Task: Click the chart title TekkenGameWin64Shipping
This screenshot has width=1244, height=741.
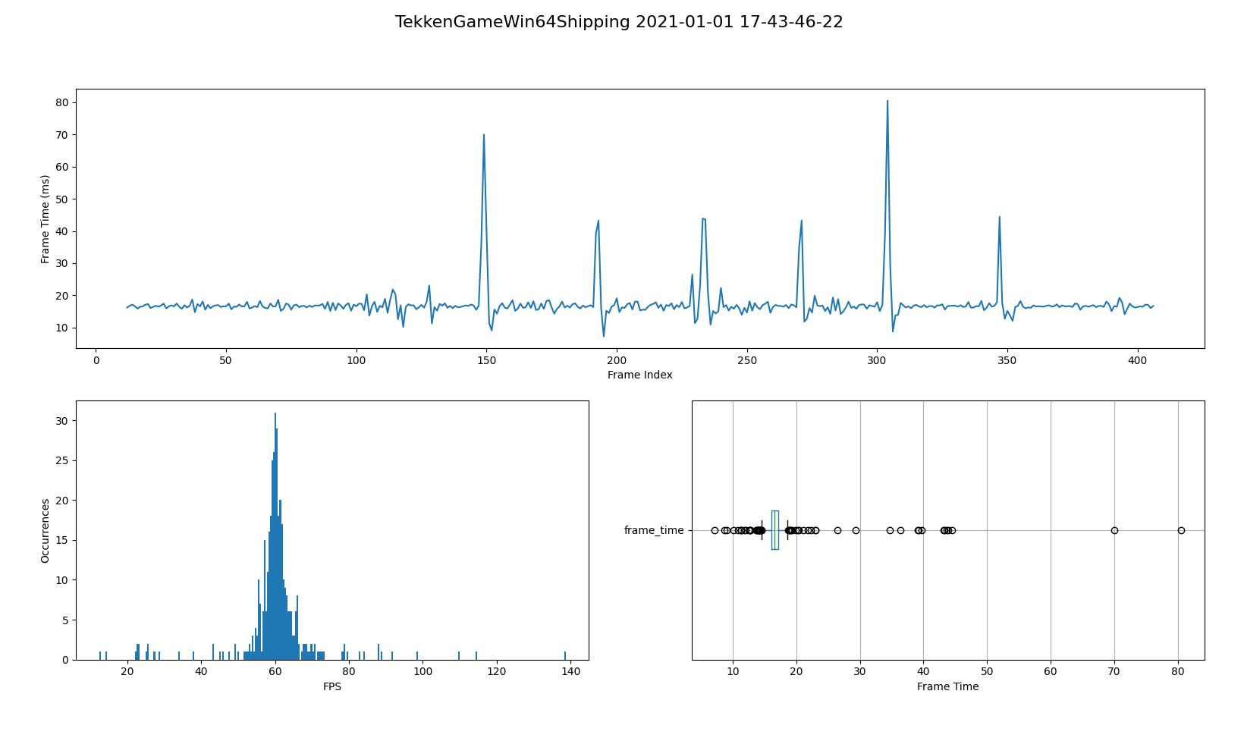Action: click(x=618, y=22)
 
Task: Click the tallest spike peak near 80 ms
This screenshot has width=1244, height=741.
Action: click(x=887, y=102)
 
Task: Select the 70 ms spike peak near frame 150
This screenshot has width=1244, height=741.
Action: click(x=484, y=136)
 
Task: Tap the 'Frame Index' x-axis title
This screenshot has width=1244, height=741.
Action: click(x=639, y=375)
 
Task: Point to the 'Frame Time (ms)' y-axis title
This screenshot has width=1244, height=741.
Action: click(x=46, y=218)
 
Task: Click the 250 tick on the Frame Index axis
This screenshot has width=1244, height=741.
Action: click(x=747, y=360)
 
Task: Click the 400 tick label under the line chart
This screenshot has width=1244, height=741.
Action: click(x=1138, y=360)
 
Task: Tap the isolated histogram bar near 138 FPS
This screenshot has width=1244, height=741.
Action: click(x=565, y=655)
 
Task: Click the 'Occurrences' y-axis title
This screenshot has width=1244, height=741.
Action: click(x=46, y=530)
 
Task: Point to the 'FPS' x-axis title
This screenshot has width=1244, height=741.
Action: click(x=332, y=686)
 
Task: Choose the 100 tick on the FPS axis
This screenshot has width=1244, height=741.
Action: click(x=423, y=672)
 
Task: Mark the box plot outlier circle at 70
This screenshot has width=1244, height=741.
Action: click(x=1114, y=530)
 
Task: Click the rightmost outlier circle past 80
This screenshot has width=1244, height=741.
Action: click(x=1181, y=530)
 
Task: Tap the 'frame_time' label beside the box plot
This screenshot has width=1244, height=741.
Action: click(x=654, y=530)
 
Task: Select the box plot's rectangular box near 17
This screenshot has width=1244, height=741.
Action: click(x=775, y=530)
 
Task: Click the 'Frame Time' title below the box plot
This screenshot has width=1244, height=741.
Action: click(x=947, y=686)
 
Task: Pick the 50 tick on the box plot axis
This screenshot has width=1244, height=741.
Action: click(x=987, y=672)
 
